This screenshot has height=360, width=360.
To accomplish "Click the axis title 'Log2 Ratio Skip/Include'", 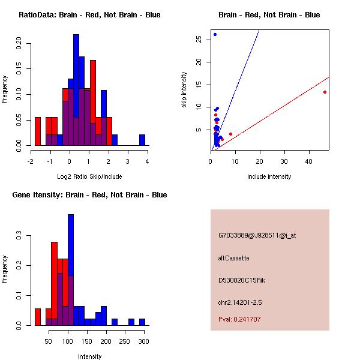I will (89, 176).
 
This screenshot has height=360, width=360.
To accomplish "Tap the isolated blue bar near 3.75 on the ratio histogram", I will (142, 140).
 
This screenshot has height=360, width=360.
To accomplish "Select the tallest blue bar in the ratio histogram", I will (76, 90).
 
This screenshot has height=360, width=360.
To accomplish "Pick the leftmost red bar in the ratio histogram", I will (38, 131).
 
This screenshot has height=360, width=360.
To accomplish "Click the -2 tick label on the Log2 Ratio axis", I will (31, 161).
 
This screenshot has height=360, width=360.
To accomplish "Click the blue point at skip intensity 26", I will (215, 34).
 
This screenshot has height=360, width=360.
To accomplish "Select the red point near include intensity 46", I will (325, 92).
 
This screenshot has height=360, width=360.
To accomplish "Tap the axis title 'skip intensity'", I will (184, 90).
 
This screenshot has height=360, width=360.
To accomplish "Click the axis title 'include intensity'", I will (269, 176).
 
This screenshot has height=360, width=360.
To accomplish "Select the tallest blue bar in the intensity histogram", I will (71, 269).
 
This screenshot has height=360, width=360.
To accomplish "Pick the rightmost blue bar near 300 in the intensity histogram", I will (142, 322).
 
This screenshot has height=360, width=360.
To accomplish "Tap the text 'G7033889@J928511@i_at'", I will (257, 235).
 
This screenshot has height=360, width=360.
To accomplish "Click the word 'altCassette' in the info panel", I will (234, 258).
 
